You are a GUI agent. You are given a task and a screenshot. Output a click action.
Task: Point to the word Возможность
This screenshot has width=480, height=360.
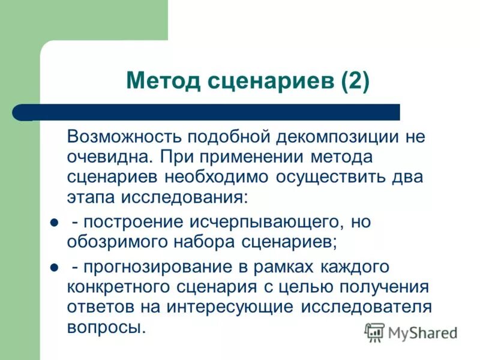125,136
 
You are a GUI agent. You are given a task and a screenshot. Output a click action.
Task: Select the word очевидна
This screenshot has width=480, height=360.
104,157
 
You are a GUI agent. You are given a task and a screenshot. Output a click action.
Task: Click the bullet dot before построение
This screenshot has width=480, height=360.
53,223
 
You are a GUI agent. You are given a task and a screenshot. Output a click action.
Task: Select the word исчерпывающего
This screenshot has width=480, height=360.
268,221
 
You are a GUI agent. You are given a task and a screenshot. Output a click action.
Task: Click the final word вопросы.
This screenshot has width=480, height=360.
106,328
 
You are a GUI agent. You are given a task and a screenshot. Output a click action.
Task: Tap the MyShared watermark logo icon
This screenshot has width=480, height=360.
375,331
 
